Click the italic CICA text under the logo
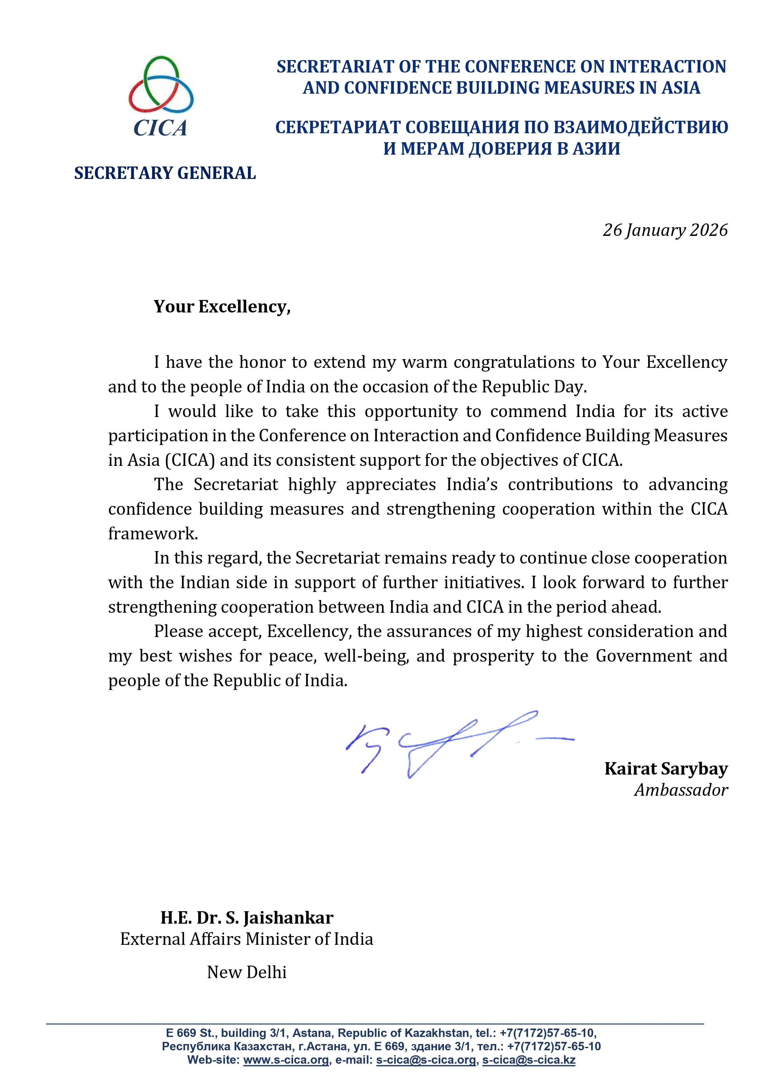(x=160, y=128)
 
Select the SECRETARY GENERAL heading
(x=165, y=173)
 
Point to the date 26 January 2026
(x=665, y=230)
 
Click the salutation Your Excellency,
(x=222, y=307)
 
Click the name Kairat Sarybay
(x=666, y=769)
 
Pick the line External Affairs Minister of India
(x=246, y=939)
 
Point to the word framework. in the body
(x=153, y=534)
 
